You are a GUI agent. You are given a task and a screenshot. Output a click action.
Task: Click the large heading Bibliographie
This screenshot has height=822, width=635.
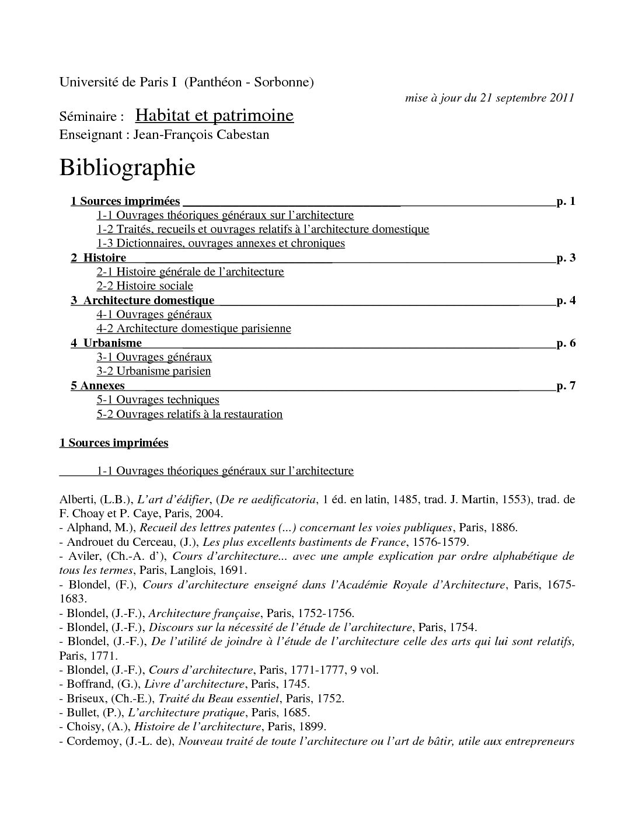(x=127, y=168)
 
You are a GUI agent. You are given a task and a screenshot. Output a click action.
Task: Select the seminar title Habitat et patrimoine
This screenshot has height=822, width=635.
(x=214, y=116)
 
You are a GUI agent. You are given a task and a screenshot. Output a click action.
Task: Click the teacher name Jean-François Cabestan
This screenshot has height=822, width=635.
(x=201, y=135)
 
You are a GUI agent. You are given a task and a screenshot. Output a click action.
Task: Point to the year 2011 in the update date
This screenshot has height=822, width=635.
(x=561, y=97)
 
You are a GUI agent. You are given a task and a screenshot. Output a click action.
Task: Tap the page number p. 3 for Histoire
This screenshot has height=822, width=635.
(x=566, y=257)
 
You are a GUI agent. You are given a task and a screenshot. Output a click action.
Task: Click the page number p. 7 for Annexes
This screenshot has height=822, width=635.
(x=566, y=385)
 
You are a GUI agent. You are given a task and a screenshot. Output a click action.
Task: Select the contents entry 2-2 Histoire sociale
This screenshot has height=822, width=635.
(x=145, y=286)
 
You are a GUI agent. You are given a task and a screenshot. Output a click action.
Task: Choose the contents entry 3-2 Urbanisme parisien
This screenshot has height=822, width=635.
(x=153, y=371)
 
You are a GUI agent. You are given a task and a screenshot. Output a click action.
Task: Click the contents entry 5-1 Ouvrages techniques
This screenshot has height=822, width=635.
(x=158, y=400)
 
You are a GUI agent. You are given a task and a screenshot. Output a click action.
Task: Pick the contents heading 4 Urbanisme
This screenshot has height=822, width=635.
(x=106, y=343)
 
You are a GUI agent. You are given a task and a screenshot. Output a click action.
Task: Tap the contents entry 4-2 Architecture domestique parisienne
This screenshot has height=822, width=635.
(x=194, y=329)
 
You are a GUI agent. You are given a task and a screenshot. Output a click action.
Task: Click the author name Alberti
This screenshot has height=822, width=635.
(x=76, y=500)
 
